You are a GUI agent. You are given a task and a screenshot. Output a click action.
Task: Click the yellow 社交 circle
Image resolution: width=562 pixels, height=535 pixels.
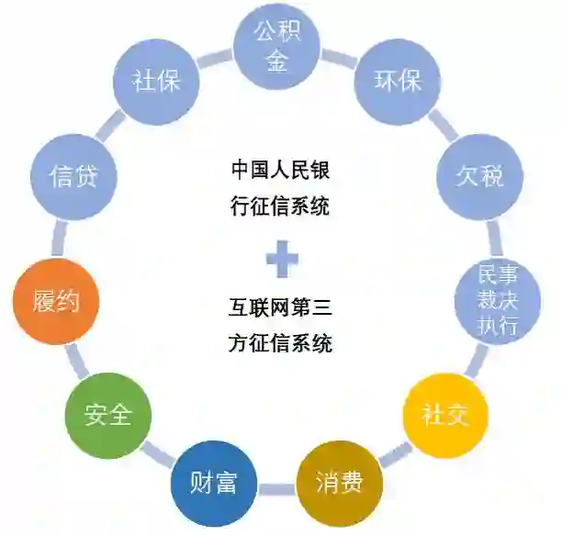click(x=445, y=414)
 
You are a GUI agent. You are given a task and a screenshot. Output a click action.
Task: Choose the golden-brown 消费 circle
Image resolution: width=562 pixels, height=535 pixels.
click(x=338, y=482)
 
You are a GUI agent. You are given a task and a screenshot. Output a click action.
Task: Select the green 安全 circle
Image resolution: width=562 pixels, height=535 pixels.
click(x=107, y=416)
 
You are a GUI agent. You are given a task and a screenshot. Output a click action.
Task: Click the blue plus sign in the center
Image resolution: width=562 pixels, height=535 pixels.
click(x=282, y=258)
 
